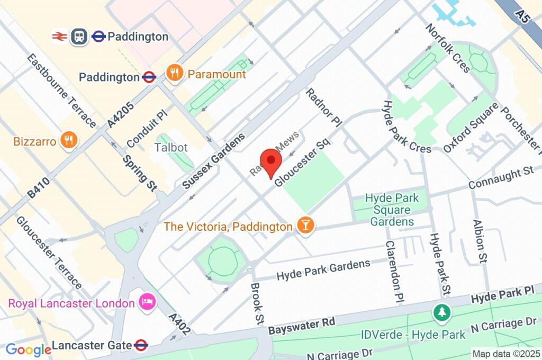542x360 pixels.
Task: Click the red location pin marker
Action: (270, 160)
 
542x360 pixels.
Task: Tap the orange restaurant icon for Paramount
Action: (174, 74)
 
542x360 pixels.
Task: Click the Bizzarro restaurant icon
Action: (68, 141)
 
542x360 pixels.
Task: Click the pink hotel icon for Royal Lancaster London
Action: (146, 303)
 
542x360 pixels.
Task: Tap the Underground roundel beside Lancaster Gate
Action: (141, 345)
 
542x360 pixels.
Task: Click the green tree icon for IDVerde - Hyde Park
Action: (440, 312)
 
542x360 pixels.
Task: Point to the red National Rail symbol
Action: (59, 36)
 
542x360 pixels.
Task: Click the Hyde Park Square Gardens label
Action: (392, 210)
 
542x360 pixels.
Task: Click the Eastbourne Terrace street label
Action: (61, 91)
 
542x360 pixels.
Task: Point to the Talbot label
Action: (171, 147)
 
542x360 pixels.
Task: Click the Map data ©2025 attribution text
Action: (506, 353)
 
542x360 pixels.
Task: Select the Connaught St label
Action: (500, 178)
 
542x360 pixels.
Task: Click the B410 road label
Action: (39, 187)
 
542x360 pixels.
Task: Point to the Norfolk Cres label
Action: (448, 48)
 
